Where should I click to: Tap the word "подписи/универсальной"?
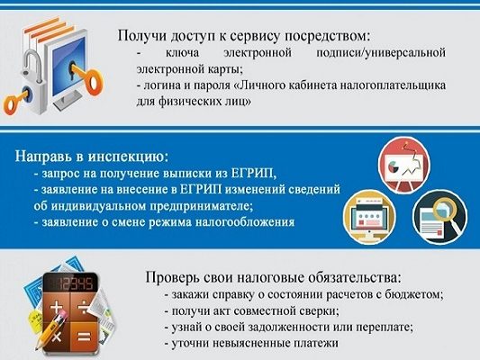click(381, 52)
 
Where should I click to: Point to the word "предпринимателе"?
click(201, 206)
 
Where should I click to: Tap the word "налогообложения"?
click(245, 222)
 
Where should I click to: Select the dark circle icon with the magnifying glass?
click(439, 217)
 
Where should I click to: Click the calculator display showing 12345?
click(70, 284)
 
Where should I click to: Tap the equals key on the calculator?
click(84, 337)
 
